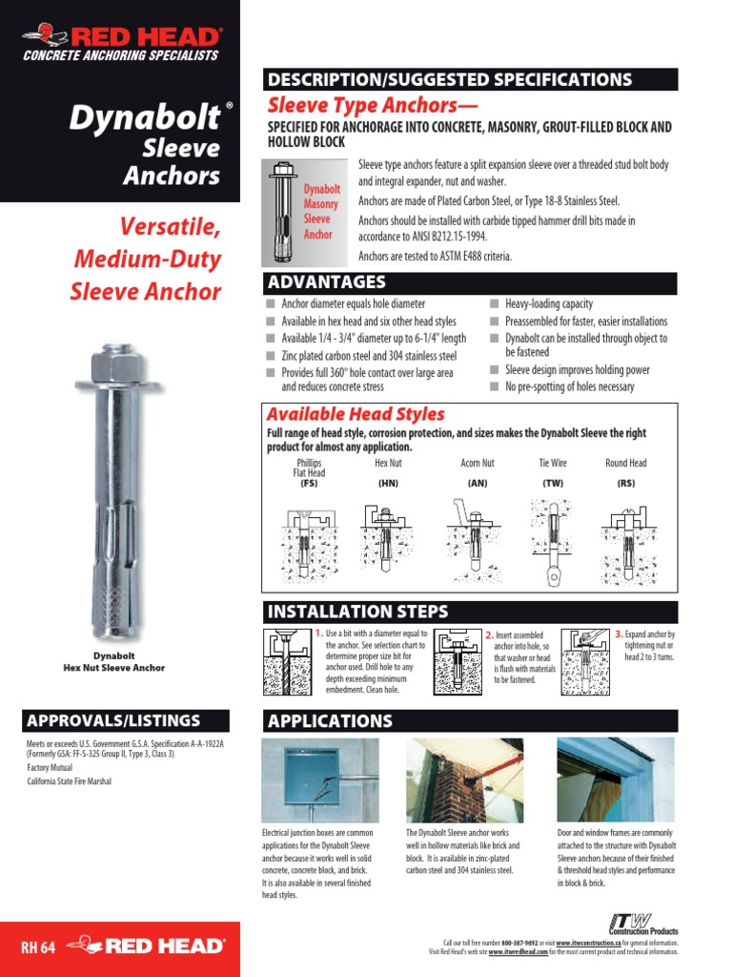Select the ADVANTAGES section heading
326,282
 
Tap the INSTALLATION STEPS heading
358,612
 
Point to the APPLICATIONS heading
330,721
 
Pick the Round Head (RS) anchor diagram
625,540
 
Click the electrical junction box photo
319,780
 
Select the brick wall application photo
464,780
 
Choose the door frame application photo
616,780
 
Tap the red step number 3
619,634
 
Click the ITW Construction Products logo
643,924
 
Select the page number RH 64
34,947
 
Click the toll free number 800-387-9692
511,943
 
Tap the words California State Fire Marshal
69,781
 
